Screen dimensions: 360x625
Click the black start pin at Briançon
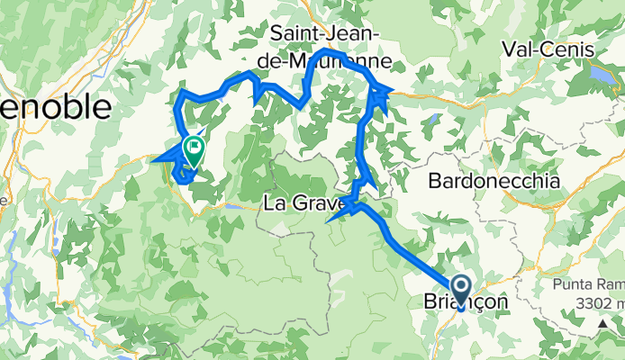click(x=461, y=290)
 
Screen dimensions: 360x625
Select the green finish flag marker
click(x=193, y=148)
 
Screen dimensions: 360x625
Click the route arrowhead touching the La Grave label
click(x=335, y=216)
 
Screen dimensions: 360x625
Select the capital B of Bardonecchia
click(x=436, y=181)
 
